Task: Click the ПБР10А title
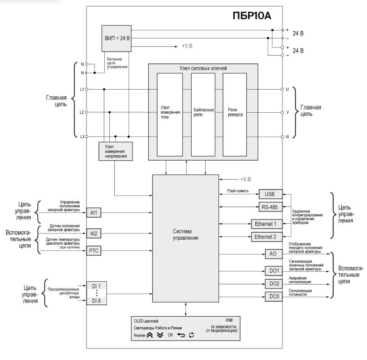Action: tap(252, 16)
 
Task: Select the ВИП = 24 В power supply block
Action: tap(116, 38)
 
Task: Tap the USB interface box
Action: tap(271, 194)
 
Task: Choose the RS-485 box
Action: tap(271, 207)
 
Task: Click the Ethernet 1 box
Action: tap(267, 224)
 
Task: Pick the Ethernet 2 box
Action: tap(267, 237)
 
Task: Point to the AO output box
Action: tap(274, 254)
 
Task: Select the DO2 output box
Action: tap(274, 284)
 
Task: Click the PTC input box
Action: tap(94, 251)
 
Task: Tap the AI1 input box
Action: tap(94, 213)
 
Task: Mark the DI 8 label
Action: tap(96, 301)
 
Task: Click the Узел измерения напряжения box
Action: tap(116, 151)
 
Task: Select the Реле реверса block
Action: tap(235, 114)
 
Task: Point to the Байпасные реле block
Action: tap(203, 114)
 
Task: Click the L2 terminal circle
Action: tap(86, 112)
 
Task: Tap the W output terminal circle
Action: tap(282, 137)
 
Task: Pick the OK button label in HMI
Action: tap(170, 335)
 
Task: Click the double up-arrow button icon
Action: tap(150, 335)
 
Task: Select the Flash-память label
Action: tap(238, 191)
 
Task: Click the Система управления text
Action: tap(182, 235)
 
